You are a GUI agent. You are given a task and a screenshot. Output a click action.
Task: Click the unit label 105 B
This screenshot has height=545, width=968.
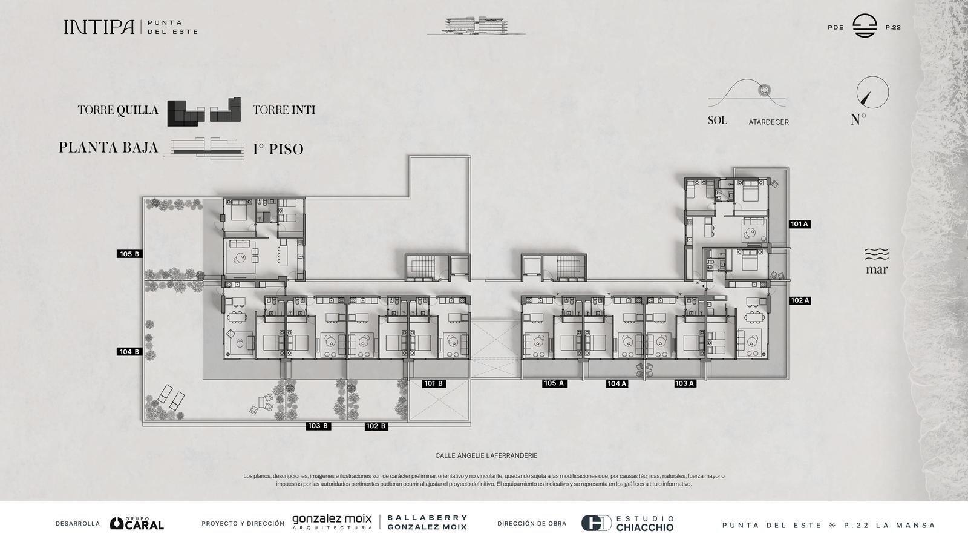click(x=129, y=254)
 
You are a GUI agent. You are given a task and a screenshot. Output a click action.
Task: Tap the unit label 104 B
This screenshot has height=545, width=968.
click(x=129, y=352)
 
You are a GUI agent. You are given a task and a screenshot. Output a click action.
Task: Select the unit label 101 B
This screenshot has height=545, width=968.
click(x=433, y=383)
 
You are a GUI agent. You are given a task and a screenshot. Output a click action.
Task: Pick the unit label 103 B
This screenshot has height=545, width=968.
click(x=318, y=426)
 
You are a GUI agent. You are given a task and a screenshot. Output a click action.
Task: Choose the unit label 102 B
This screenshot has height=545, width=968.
click(x=376, y=426)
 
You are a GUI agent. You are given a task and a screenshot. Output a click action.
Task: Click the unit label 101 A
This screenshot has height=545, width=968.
click(x=799, y=224)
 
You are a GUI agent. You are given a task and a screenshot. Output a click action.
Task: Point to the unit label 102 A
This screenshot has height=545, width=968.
click(x=799, y=300)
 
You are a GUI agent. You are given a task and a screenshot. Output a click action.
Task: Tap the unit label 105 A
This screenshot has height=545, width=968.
click(x=554, y=383)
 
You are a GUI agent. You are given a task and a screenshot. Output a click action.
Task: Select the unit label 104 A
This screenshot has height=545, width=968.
click(x=616, y=383)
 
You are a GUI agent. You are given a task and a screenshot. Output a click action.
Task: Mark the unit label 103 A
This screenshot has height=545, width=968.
click(x=684, y=383)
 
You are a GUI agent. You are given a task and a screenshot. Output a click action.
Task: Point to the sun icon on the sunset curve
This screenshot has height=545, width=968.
click(x=764, y=90)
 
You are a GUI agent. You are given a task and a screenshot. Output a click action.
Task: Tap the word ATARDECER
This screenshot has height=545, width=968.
click(x=769, y=122)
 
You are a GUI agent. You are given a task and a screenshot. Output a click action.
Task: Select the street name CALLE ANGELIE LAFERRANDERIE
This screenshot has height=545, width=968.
click(x=486, y=455)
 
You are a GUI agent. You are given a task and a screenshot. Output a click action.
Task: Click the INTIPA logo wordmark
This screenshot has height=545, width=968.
click(x=99, y=27)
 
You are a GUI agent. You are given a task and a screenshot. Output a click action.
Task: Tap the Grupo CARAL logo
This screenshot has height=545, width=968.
click(x=137, y=523)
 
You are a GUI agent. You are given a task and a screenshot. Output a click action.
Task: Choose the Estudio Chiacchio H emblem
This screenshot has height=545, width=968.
click(x=597, y=523)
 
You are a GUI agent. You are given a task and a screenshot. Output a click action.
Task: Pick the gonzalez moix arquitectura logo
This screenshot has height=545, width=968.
click(x=332, y=521)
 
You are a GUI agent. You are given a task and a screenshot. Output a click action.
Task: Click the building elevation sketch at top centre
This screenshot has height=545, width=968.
click(x=477, y=26)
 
